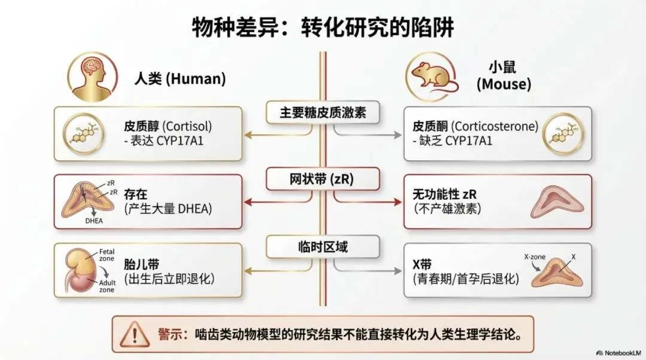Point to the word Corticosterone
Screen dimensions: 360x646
[495, 127]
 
